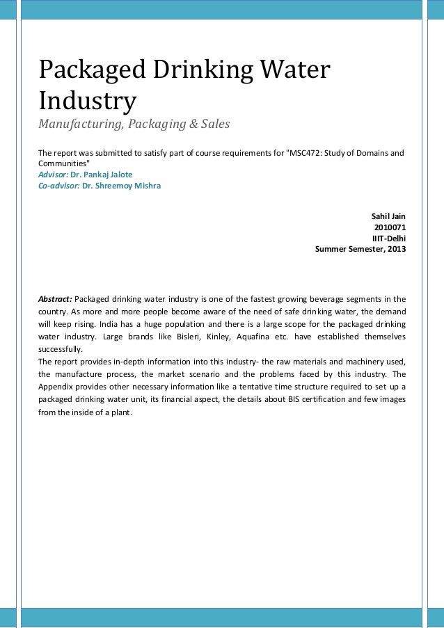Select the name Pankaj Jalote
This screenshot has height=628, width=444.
tap(102, 175)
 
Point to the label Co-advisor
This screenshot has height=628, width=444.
tap(58, 186)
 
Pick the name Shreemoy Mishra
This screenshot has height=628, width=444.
tap(122, 186)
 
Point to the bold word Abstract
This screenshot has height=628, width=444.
tap(54, 299)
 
